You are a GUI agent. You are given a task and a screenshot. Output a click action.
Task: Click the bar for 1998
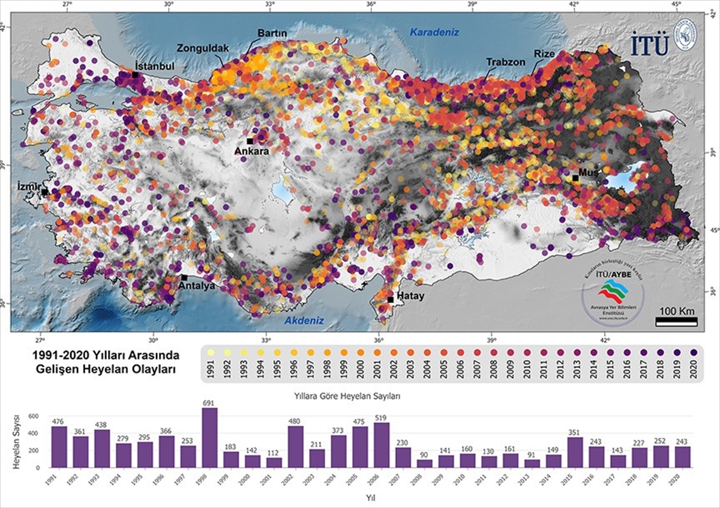coord(210,438)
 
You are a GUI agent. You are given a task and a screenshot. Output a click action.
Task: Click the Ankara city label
coord(251,151)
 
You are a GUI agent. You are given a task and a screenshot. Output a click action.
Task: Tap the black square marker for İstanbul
coord(136,74)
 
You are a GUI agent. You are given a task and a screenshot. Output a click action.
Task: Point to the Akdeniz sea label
coord(304,321)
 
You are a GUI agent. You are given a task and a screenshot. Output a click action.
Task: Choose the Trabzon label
coord(506,62)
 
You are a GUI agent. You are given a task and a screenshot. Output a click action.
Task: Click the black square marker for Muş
coord(575,178)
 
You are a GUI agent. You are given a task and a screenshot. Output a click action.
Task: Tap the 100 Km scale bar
coord(676,322)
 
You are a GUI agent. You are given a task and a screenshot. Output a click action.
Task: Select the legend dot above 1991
coord(211,352)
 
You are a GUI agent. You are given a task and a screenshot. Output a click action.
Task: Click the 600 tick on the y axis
coord(34,416)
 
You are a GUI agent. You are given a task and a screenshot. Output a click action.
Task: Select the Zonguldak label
coord(200,48)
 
